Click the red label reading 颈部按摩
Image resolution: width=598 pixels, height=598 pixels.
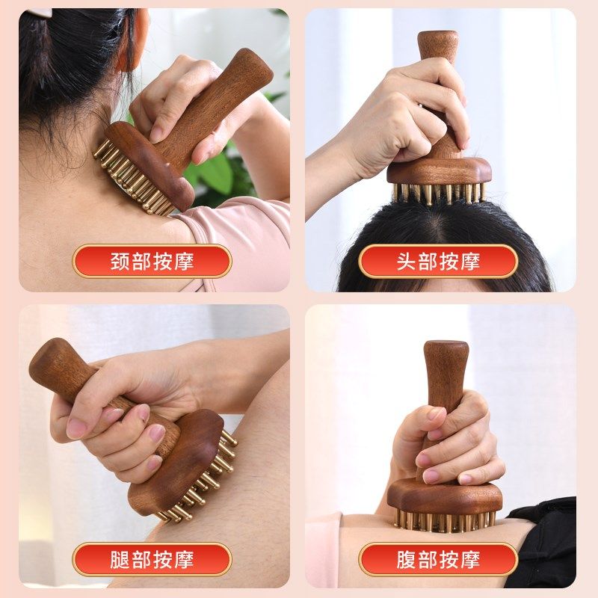pyautogui.click(x=152, y=262)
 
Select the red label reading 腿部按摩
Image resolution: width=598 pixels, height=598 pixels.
pyautogui.click(x=152, y=560)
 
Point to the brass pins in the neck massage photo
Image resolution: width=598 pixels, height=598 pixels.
pyautogui.click(x=127, y=176)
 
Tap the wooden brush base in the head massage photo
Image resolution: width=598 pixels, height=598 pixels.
pyautogui.click(x=441, y=170)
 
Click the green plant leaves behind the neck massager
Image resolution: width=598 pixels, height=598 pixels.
pyautogui.click(x=213, y=176)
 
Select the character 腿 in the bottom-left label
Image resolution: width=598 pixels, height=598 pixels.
pyautogui.click(x=120, y=560)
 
